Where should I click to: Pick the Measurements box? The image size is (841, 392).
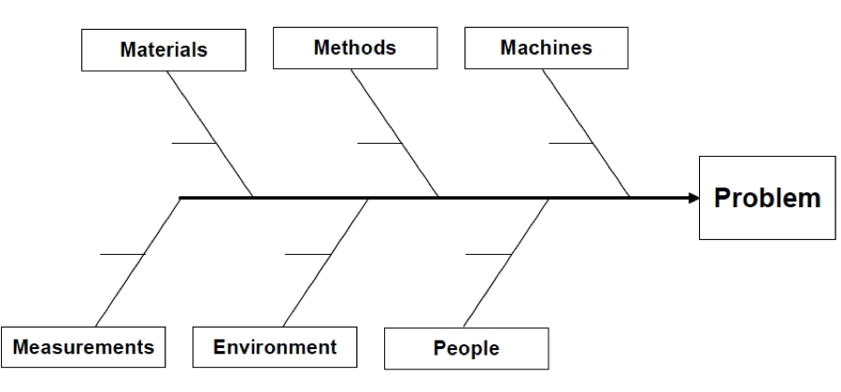coord(84,347)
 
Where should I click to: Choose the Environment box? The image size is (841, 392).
coord(275,347)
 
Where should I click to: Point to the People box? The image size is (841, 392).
coord(465,349)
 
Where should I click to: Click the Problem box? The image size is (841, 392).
coord(767,198)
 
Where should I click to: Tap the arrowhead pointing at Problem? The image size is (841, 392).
coord(692,198)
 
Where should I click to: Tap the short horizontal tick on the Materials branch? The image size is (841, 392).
coord(194,143)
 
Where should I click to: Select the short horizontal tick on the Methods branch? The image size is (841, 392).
coord(380,143)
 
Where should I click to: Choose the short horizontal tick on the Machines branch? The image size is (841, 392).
coord(570,143)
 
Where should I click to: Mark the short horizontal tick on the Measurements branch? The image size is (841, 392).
coord(122,254)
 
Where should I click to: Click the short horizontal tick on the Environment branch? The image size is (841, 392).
coord(307,254)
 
